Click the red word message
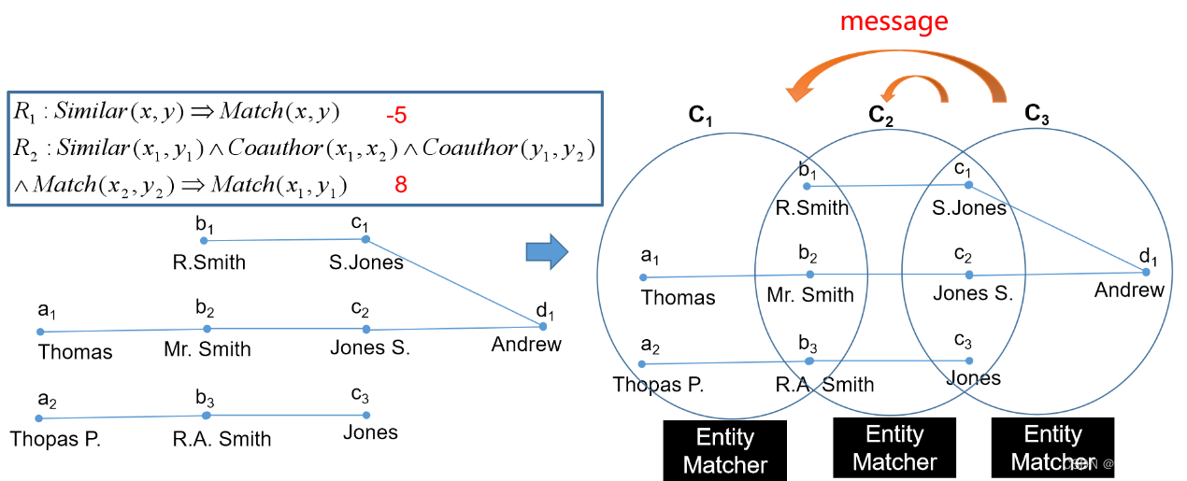click(x=894, y=21)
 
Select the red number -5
click(x=396, y=116)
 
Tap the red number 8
click(x=401, y=185)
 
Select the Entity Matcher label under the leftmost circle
click(x=725, y=451)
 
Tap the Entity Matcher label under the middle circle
click(x=894, y=448)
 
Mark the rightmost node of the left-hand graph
click(x=543, y=326)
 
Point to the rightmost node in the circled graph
click(x=1146, y=272)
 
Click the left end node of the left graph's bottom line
click(x=39, y=417)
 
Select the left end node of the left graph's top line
click(x=204, y=241)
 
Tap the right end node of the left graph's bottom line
click(x=366, y=415)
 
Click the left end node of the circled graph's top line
click(x=808, y=187)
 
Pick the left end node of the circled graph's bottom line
click(x=641, y=364)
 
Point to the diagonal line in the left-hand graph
click(x=454, y=283)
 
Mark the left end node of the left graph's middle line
click(x=40, y=332)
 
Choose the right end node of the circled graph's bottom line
click(x=969, y=361)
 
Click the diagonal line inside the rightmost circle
click(x=1057, y=228)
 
